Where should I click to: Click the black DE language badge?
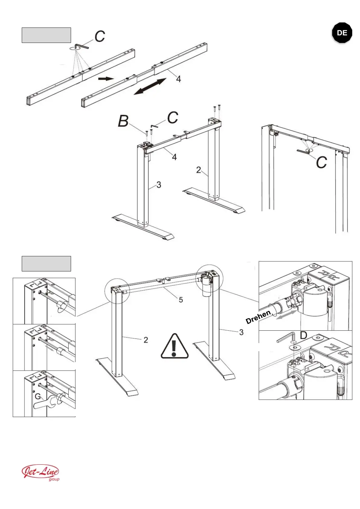342,33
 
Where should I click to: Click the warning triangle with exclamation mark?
174,346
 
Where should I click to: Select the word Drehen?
258,317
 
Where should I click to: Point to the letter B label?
123,121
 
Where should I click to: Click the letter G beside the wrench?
37,396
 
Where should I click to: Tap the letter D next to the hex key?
303,335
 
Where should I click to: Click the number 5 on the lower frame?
181,300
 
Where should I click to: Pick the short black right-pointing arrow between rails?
106,79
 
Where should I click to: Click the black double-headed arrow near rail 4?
150,86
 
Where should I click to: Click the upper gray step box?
46,35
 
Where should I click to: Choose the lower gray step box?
46,264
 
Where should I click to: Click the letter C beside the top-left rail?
100,37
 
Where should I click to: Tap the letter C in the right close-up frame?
321,162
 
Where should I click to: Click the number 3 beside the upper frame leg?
159,185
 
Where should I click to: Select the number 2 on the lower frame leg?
146,340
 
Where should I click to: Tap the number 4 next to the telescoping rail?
178,79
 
